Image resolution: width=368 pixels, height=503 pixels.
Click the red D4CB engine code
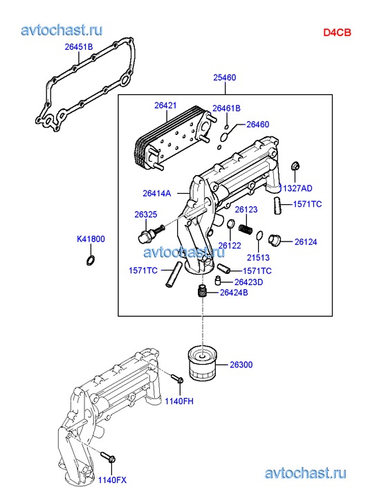pos(337,33)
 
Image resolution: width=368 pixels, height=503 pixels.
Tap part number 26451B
pos(79,47)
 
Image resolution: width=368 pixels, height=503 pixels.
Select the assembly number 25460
pos(225,77)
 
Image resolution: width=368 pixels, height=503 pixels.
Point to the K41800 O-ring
pos(91,260)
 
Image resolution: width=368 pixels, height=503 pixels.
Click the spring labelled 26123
pos(246,228)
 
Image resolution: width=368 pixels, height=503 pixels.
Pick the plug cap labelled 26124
pos(275,239)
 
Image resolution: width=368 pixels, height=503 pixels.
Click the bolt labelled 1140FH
pos(177,378)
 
